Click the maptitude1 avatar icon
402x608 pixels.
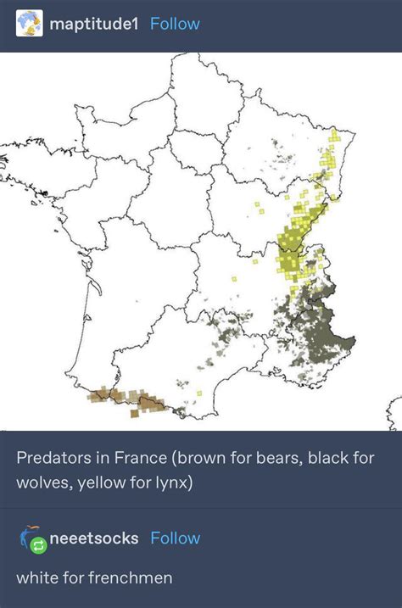click(x=30, y=24)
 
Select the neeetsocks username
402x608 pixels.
click(x=94, y=538)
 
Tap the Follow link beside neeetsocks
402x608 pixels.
click(x=176, y=538)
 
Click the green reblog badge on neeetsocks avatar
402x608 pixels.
click(x=39, y=547)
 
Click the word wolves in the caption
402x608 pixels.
click(x=42, y=483)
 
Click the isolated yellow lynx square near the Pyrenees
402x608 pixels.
click(x=198, y=393)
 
